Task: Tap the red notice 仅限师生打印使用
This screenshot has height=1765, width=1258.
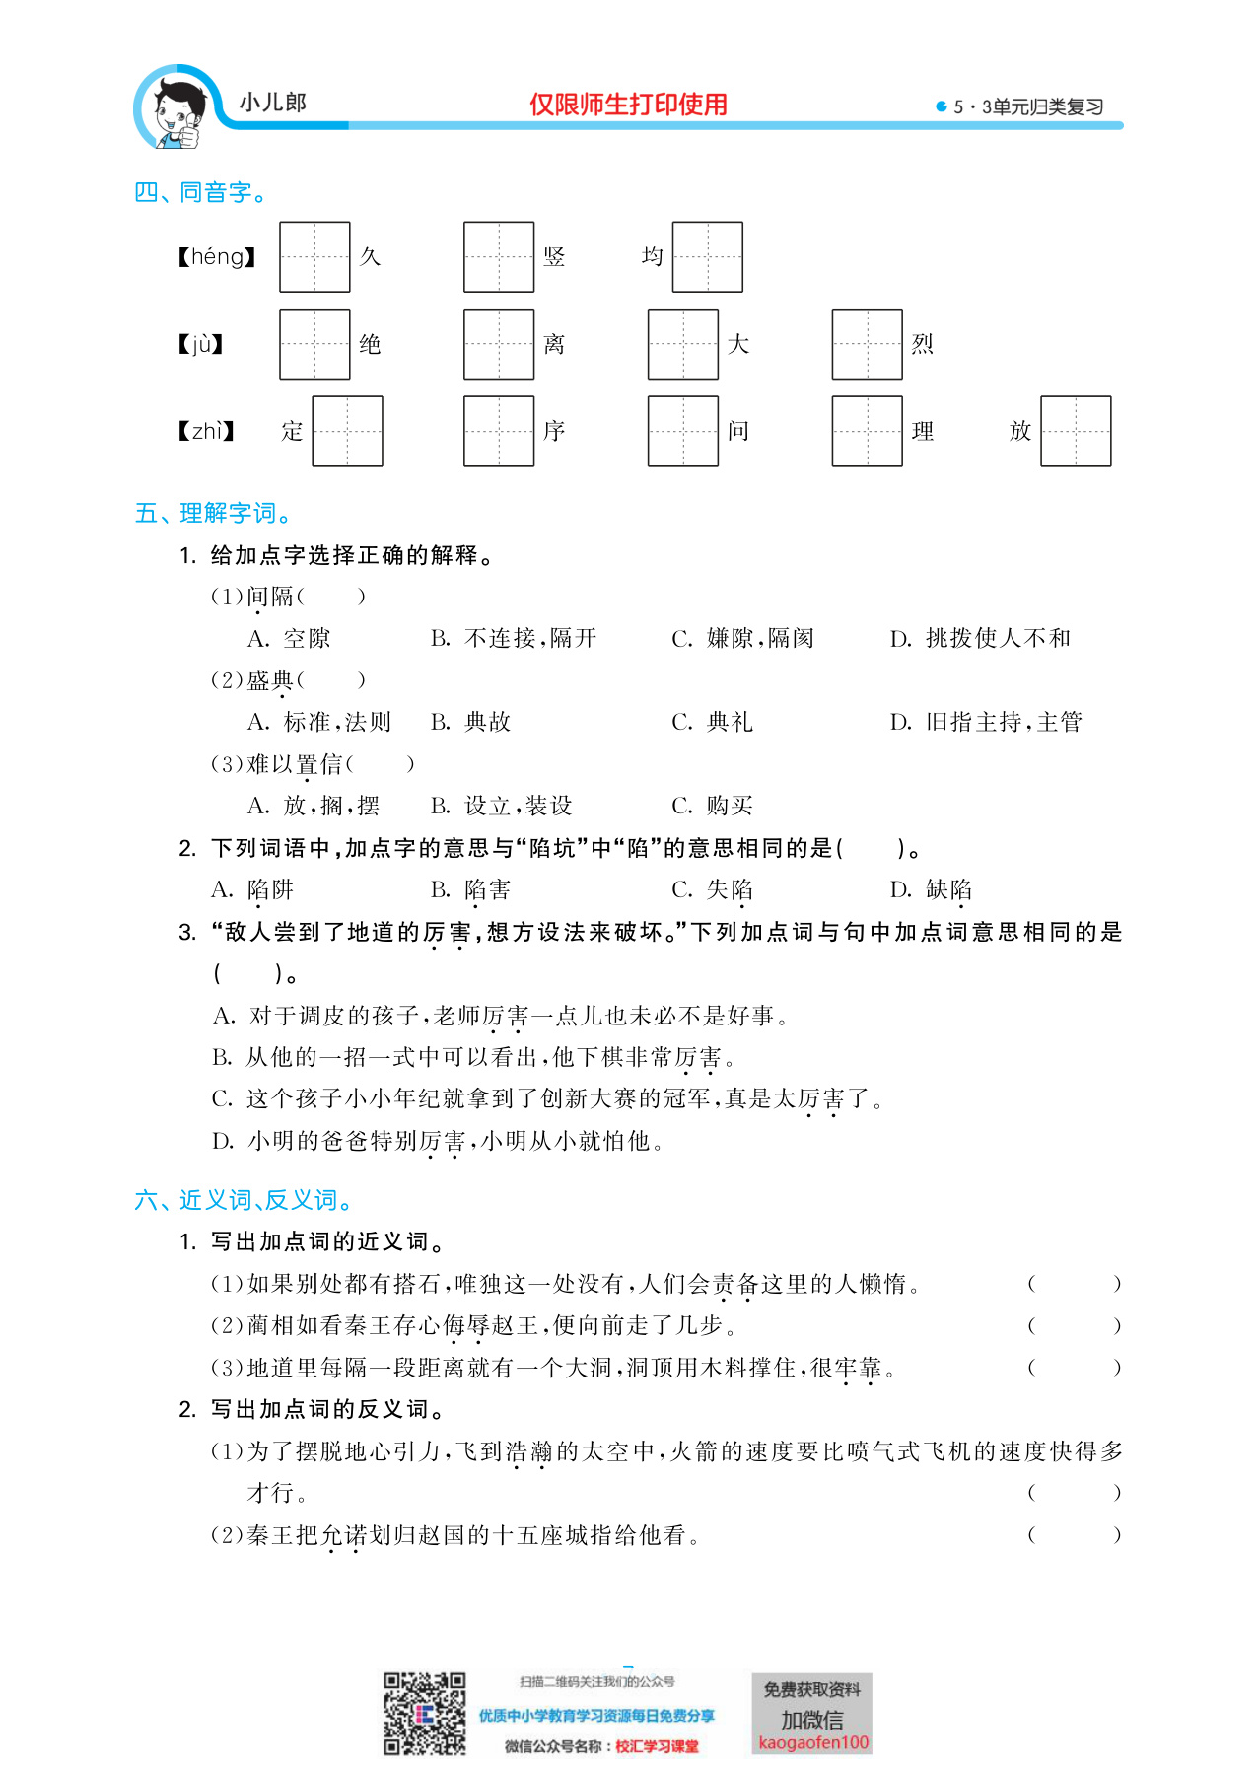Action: point(628,105)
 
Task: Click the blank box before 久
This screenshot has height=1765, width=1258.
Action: point(314,257)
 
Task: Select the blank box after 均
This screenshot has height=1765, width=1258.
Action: point(707,257)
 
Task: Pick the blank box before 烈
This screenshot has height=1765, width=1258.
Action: point(867,344)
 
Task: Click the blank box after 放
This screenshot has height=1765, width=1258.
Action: point(1076,431)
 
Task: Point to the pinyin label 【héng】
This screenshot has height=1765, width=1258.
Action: point(217,257)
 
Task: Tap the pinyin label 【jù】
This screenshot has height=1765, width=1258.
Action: point(201,344)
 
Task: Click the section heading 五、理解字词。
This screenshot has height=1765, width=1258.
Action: point(213,513)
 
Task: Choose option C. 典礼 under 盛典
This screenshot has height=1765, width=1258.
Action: point(712,722)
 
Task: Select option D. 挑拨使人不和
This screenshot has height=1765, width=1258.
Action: point(980,638)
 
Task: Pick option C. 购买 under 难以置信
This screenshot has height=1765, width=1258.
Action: point(712,806)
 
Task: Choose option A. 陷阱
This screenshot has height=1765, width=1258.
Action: point(252,889)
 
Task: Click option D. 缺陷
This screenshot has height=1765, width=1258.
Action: point(931,889)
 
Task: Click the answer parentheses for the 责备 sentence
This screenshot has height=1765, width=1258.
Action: point(1074,1284)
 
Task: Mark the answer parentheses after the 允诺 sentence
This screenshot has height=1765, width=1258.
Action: point(1074,1535)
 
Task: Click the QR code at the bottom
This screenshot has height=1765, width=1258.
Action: point(424,1714)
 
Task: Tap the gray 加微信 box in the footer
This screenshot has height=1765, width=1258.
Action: point(812,1715)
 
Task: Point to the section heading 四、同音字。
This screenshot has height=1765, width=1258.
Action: point(201,192)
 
